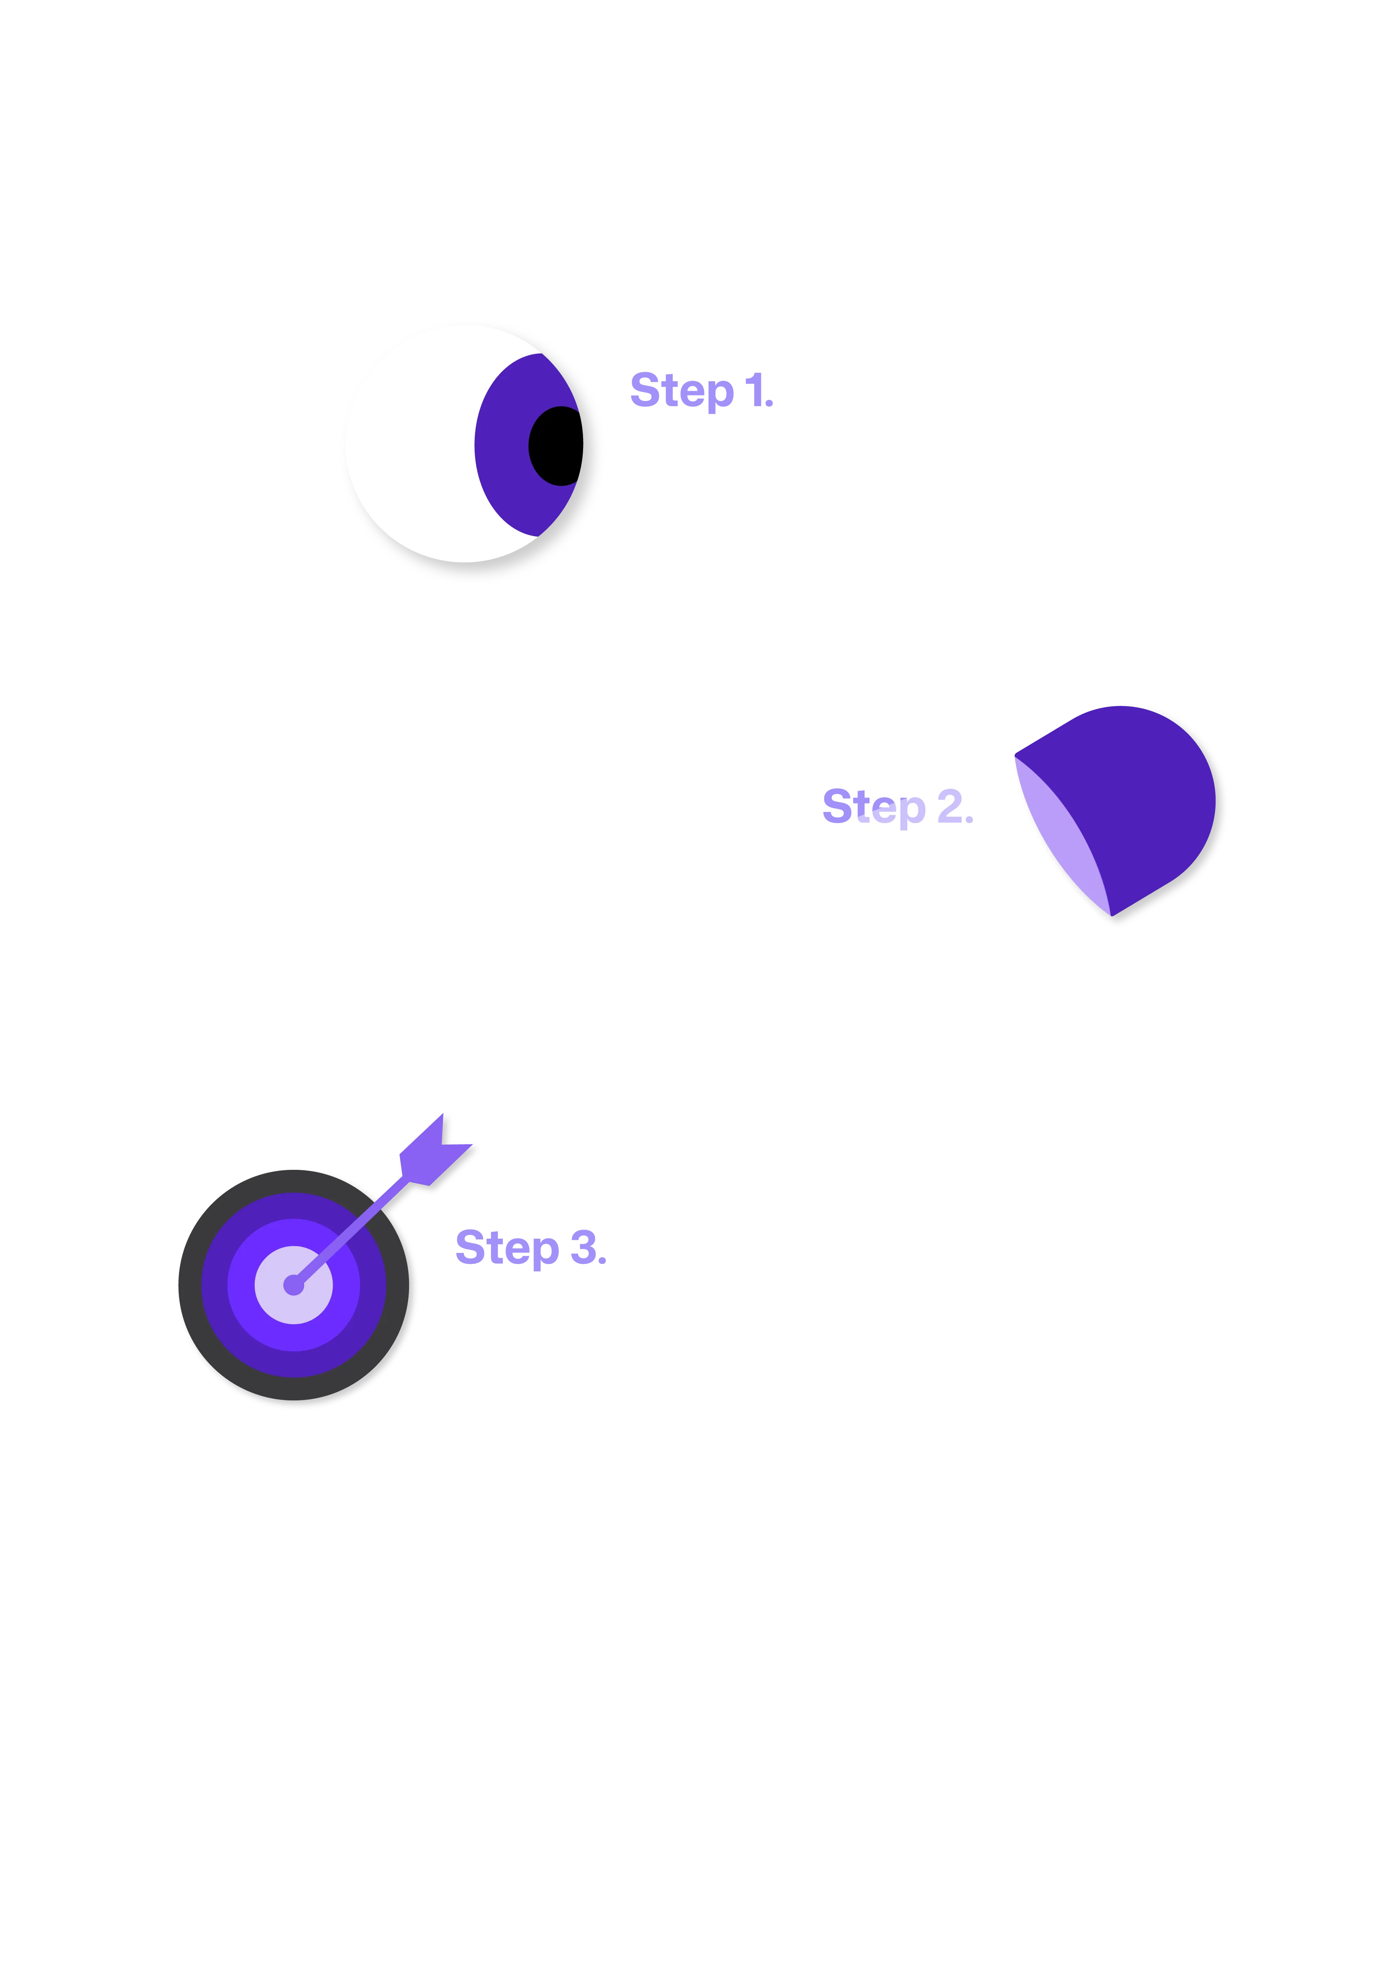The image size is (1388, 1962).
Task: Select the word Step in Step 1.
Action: point(681,392)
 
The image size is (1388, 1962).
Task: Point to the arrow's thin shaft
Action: point(359,1222)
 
